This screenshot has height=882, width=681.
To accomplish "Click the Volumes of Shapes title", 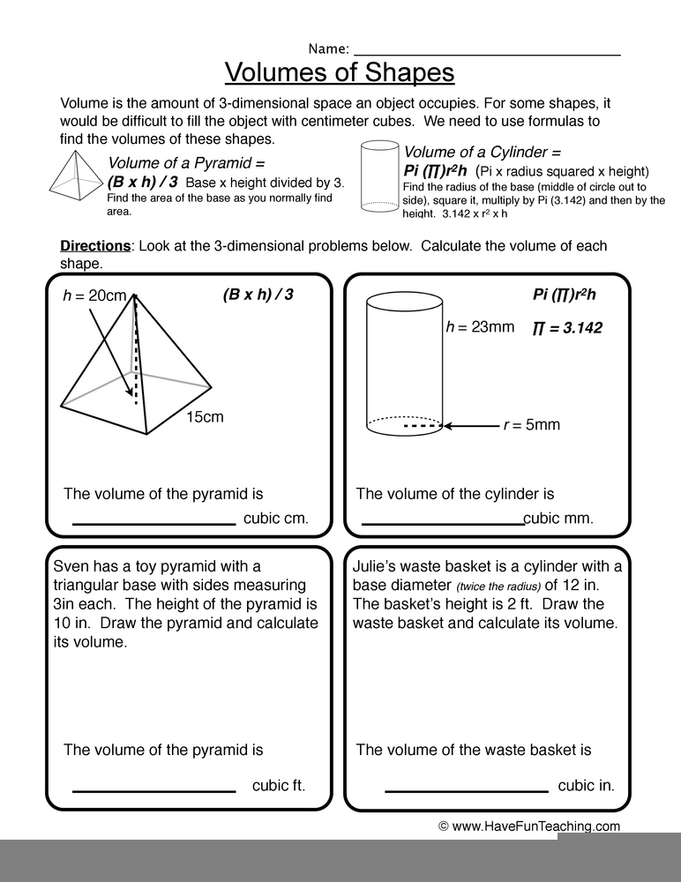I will coord(340,72).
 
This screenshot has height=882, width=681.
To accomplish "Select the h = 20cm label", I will coord(94,295).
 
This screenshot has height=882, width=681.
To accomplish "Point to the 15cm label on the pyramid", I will coord(205,416).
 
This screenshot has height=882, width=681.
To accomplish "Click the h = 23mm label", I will coord(480,326).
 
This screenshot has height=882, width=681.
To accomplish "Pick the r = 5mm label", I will coord(531,425).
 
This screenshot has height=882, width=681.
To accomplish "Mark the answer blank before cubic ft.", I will coord(153,789).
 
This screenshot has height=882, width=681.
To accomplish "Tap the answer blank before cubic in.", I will coord(467,789).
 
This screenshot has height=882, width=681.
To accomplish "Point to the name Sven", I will coord(71,566).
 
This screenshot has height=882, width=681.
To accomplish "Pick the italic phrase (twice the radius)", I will coord(498,587).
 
